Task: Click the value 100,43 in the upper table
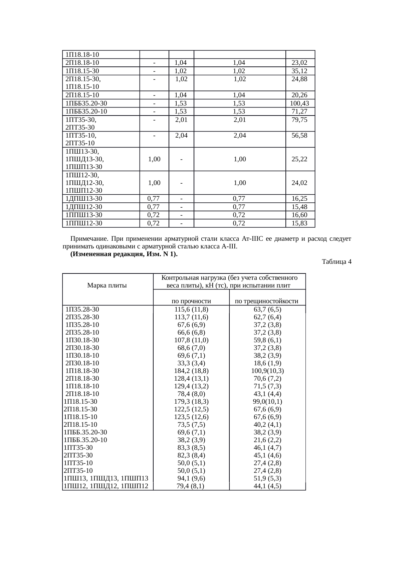pos(299,104)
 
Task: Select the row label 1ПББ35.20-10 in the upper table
pos(86,112)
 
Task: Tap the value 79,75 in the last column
pos(299,120)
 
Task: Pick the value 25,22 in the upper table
pos(299,159)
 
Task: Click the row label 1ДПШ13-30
pos(84,199)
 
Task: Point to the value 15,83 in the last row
pos(299,223)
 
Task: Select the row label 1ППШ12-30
pos(84,223)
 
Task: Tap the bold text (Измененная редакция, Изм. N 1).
pos(124,254)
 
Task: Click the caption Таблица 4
pos(337,262)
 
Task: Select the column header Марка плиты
pos(107,285)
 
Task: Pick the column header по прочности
pos(191,301)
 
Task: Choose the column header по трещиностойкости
pos(266,301)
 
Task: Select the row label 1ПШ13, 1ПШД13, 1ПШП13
pos(106,478)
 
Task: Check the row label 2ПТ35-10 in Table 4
pos(78,471)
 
